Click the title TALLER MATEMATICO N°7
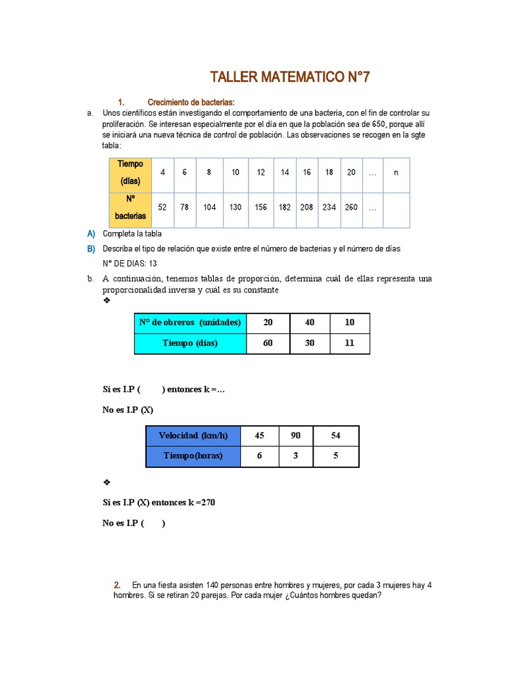pyautogui.click(x=290, y=78)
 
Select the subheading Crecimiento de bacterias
pyautogui.click(x=191, y=102)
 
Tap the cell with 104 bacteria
pyautogui.click(x=209, y=207)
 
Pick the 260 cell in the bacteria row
pyautogui.click(x=351, y=207)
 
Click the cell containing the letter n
pyautogui.click(x=396, y=172)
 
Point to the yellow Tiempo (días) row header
pyautogui.click(x=130, y=172)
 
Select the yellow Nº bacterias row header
pyautogui.click(x=130, y=207)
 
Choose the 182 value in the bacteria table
pyautogui.click(x=285, y=207)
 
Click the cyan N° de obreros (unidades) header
pyautogui.click(x=190, y=323)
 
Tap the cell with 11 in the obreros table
pyautogui.click(x=349, y=343)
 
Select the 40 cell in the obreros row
pyautogui.click(x=310, y=323)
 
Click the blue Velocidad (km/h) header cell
pyautogui.click(x=193, y=436)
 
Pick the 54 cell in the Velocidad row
pyautogui.click(x=335, y=436)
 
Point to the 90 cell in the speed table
pyautogui.click(x=297, y=436)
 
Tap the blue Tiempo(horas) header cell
pyautogui.click(x=193, y=456)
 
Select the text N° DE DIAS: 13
pyautogui.click(x=130, y=264)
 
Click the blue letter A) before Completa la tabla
pyautogui.click(x=91, y=233)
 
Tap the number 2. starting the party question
pyautogui.click(x=117, y=585)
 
